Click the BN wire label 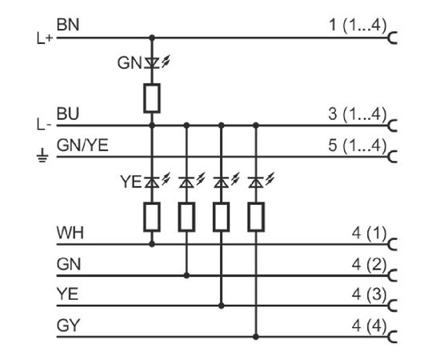[68, 25]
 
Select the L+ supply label [45, 38]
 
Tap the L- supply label [44, 124]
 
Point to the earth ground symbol [42, 156]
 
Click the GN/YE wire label [82, 146]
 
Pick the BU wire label [68, 114]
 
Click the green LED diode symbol [152, 63]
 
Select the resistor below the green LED [152, 98]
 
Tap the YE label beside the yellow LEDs [130, 182]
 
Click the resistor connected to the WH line [152, 217]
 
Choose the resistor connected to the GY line [256, 217]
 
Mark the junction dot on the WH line [152, 244]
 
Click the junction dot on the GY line [256, 337]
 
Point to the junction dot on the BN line [152, 38]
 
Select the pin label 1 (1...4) [358, 26]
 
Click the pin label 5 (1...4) [358, 146]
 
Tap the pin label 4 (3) [370, 294]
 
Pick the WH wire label [70, 233]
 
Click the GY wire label [68, 326]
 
